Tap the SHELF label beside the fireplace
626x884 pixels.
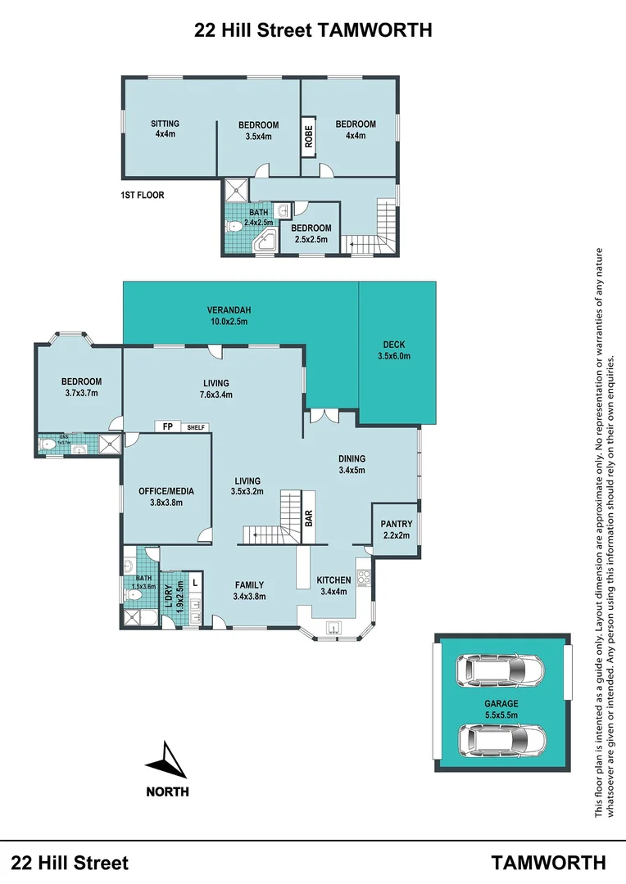(x=196, y=427)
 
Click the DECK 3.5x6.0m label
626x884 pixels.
(x=394, y=350)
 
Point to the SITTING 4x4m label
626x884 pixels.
(x=166, y=129)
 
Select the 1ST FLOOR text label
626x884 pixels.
(x=143, y=196)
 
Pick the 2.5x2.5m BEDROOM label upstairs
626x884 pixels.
(x=311, y=233)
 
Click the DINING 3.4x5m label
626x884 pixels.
(x=352, y=464)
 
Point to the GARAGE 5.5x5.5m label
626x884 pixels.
(x=501, y=708)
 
